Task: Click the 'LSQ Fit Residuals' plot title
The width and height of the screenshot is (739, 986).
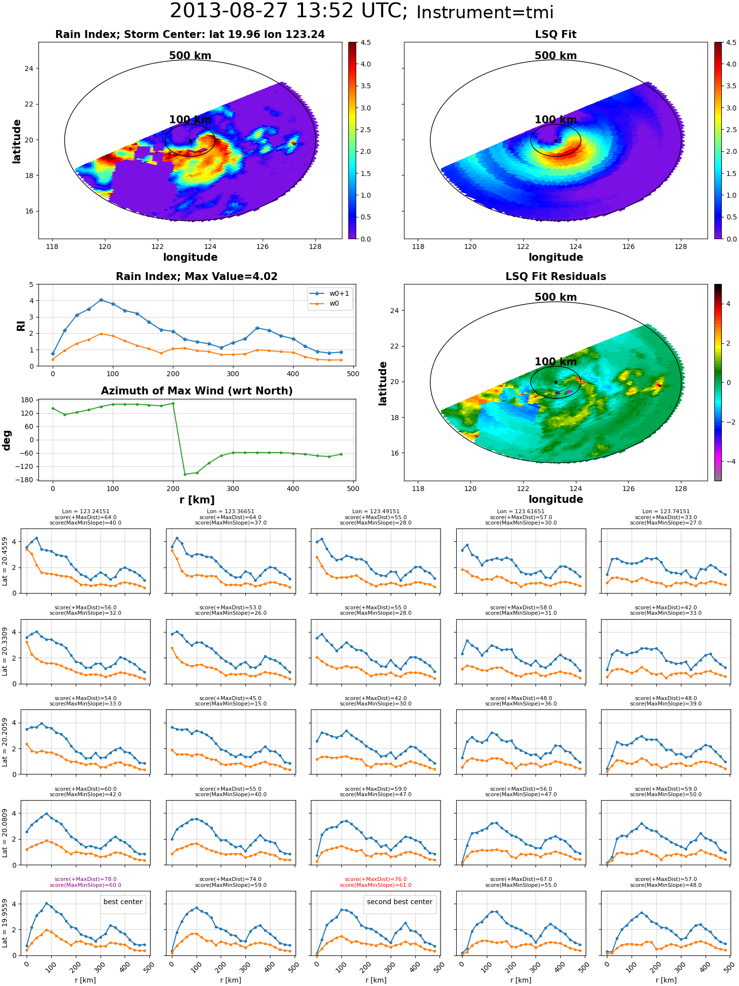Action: (x=556, y=277)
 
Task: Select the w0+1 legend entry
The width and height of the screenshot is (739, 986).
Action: (x=330, y=293)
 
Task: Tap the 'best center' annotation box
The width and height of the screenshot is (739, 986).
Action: (x=123, y=902)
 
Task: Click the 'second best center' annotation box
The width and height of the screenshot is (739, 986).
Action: (x=400, y=902)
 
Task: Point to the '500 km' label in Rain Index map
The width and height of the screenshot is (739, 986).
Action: (x=190, y=56)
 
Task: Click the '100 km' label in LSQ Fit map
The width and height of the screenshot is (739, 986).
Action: (x=556, y=119)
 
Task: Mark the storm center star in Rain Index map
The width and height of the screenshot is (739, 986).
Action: (x=190, y=141)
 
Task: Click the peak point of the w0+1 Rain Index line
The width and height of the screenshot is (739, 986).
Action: (x=101, y=300)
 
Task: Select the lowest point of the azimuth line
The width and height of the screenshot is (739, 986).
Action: (x=185, y=474)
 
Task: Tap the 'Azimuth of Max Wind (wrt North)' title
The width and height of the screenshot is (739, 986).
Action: (x=197, y=391)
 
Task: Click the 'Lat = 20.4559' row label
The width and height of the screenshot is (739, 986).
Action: (x=5, y=561)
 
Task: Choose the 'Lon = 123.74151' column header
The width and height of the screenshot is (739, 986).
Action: (x=666, y=512)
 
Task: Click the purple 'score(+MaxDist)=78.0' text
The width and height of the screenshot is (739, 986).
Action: (x=86, y=879)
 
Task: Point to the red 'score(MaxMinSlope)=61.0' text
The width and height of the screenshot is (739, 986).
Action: (x=375, y=885)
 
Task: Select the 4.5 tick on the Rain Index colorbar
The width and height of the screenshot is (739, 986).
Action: (x=366, y=42)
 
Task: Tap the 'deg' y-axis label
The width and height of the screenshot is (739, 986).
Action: (x=7, y=440)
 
